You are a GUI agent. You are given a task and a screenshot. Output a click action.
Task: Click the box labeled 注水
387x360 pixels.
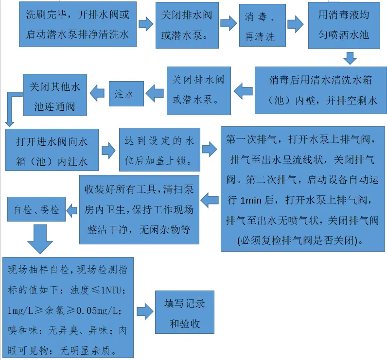point(126,94)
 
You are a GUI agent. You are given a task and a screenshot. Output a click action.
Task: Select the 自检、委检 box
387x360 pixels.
point(36,209)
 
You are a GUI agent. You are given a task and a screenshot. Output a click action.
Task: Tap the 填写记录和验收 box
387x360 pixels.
point(185,312)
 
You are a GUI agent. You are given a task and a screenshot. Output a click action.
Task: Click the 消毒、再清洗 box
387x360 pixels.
point(263,25)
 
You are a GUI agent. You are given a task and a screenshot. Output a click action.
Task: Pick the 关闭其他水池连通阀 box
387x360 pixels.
point(55,95)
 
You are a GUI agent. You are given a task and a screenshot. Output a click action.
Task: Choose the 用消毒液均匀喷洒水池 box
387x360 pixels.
point(344,25)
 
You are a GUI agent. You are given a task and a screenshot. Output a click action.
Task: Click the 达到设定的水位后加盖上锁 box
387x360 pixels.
point(159,150)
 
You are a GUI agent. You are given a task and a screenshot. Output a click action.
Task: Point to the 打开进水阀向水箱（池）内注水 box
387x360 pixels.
point(52,150)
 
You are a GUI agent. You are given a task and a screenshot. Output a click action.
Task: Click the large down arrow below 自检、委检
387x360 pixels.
point(40,239)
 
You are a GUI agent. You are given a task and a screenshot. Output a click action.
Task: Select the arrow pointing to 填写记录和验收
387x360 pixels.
point(145,311)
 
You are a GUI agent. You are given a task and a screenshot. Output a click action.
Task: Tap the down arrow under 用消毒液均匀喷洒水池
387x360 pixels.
point(350,58)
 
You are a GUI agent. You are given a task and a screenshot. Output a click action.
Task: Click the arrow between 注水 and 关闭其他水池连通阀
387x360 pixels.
point(97,93)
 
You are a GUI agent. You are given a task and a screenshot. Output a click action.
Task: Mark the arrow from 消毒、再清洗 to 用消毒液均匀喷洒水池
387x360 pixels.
point(296,24)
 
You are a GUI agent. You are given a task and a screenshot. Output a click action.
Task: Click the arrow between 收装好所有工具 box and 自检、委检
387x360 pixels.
point(72,210)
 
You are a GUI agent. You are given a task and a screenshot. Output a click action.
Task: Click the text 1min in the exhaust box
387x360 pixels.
point(251,201)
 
